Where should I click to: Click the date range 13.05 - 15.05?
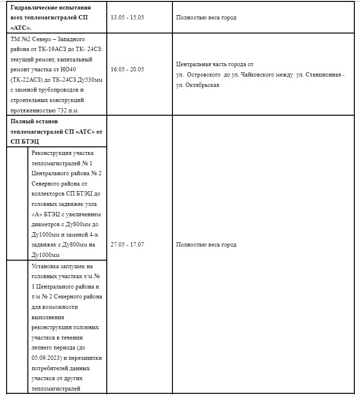click(127, 17)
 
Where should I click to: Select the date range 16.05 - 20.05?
click(127, 69)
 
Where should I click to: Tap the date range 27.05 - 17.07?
click(127, 245)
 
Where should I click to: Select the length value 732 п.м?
click(64, 110)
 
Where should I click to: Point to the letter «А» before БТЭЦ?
click(36, 214)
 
